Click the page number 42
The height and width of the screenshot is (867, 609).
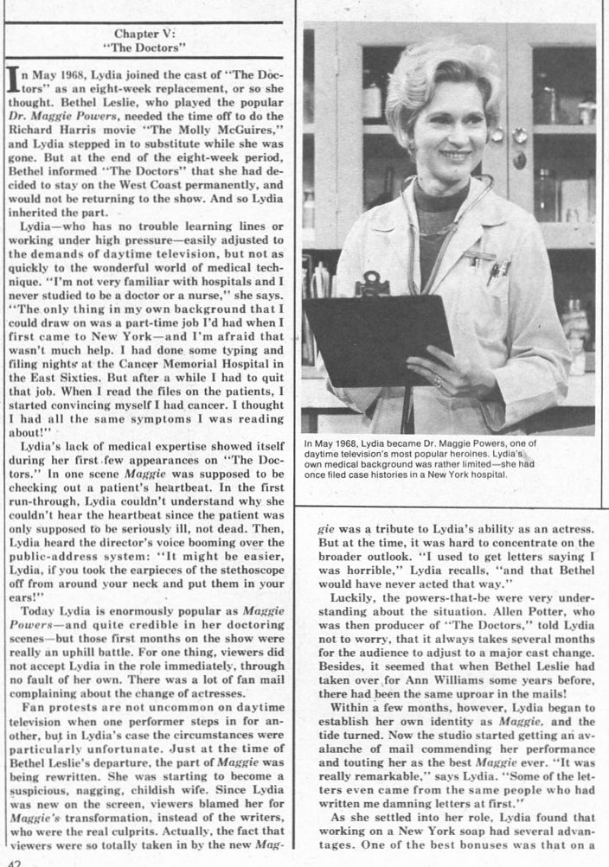10,862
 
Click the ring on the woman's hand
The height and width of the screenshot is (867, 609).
439,380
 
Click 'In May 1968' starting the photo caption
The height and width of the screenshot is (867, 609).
332,444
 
